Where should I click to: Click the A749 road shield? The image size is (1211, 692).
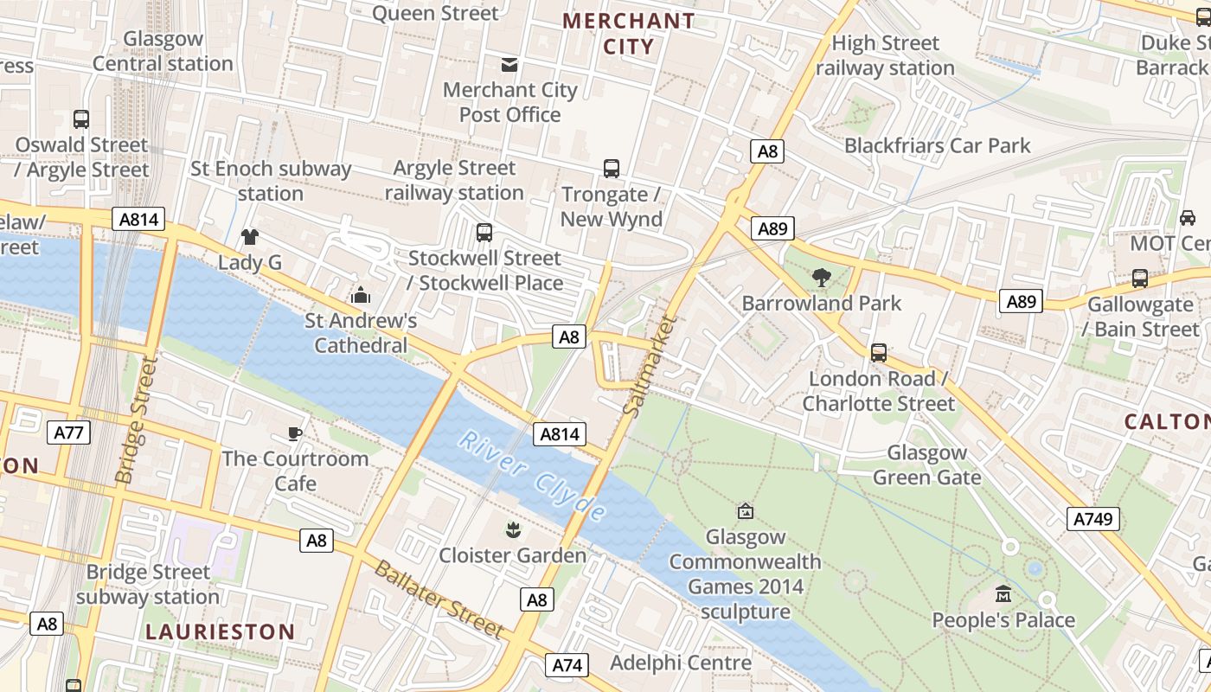[x=1094, y=519]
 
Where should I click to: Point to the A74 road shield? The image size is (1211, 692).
[x=567, y=664]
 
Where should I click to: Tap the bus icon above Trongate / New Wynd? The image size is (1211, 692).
[x=612, y=168]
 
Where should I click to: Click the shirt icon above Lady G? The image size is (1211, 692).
[x=250, y=237]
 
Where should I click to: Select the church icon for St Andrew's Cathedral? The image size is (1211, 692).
[x=361, y=295]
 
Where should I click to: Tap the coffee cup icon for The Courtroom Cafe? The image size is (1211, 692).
[x=295, y=432]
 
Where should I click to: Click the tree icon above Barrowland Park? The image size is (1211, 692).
[x=822, y=278]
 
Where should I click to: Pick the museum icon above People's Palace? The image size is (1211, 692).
[x=1003, y=594]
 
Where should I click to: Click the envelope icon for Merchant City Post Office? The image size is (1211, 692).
[x=509, y=64]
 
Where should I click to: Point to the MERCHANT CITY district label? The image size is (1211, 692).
[x=629, y=33]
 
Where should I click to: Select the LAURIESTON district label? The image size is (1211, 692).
[x=220, y=631]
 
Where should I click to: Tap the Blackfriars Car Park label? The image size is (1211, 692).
[x=938, y=145]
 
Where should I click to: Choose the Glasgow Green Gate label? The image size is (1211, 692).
[x=926, y=465]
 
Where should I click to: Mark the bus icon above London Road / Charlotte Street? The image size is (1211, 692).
[x=879, y=353]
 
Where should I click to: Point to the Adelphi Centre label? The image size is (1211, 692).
[x=681, y=663]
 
